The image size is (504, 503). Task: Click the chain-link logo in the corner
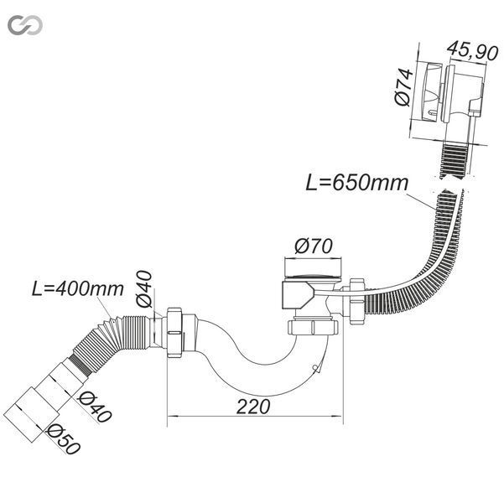[x=25, y=25]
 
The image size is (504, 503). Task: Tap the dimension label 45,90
[x=473, y=51]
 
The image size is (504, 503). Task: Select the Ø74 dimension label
[x=404, y=87]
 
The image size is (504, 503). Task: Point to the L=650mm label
[x=356, y=183]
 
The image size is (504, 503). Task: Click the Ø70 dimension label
[x=314, y=246]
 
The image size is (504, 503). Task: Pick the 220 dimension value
[x=253, y=407]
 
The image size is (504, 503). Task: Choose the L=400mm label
[x=78, y=289]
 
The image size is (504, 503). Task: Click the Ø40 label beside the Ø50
[x=95, y=407]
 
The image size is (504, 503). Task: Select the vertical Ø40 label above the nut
[x=143, y=289]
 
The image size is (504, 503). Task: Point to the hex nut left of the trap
[x=174, y=333]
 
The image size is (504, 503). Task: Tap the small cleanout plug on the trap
[x=316, y=369]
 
